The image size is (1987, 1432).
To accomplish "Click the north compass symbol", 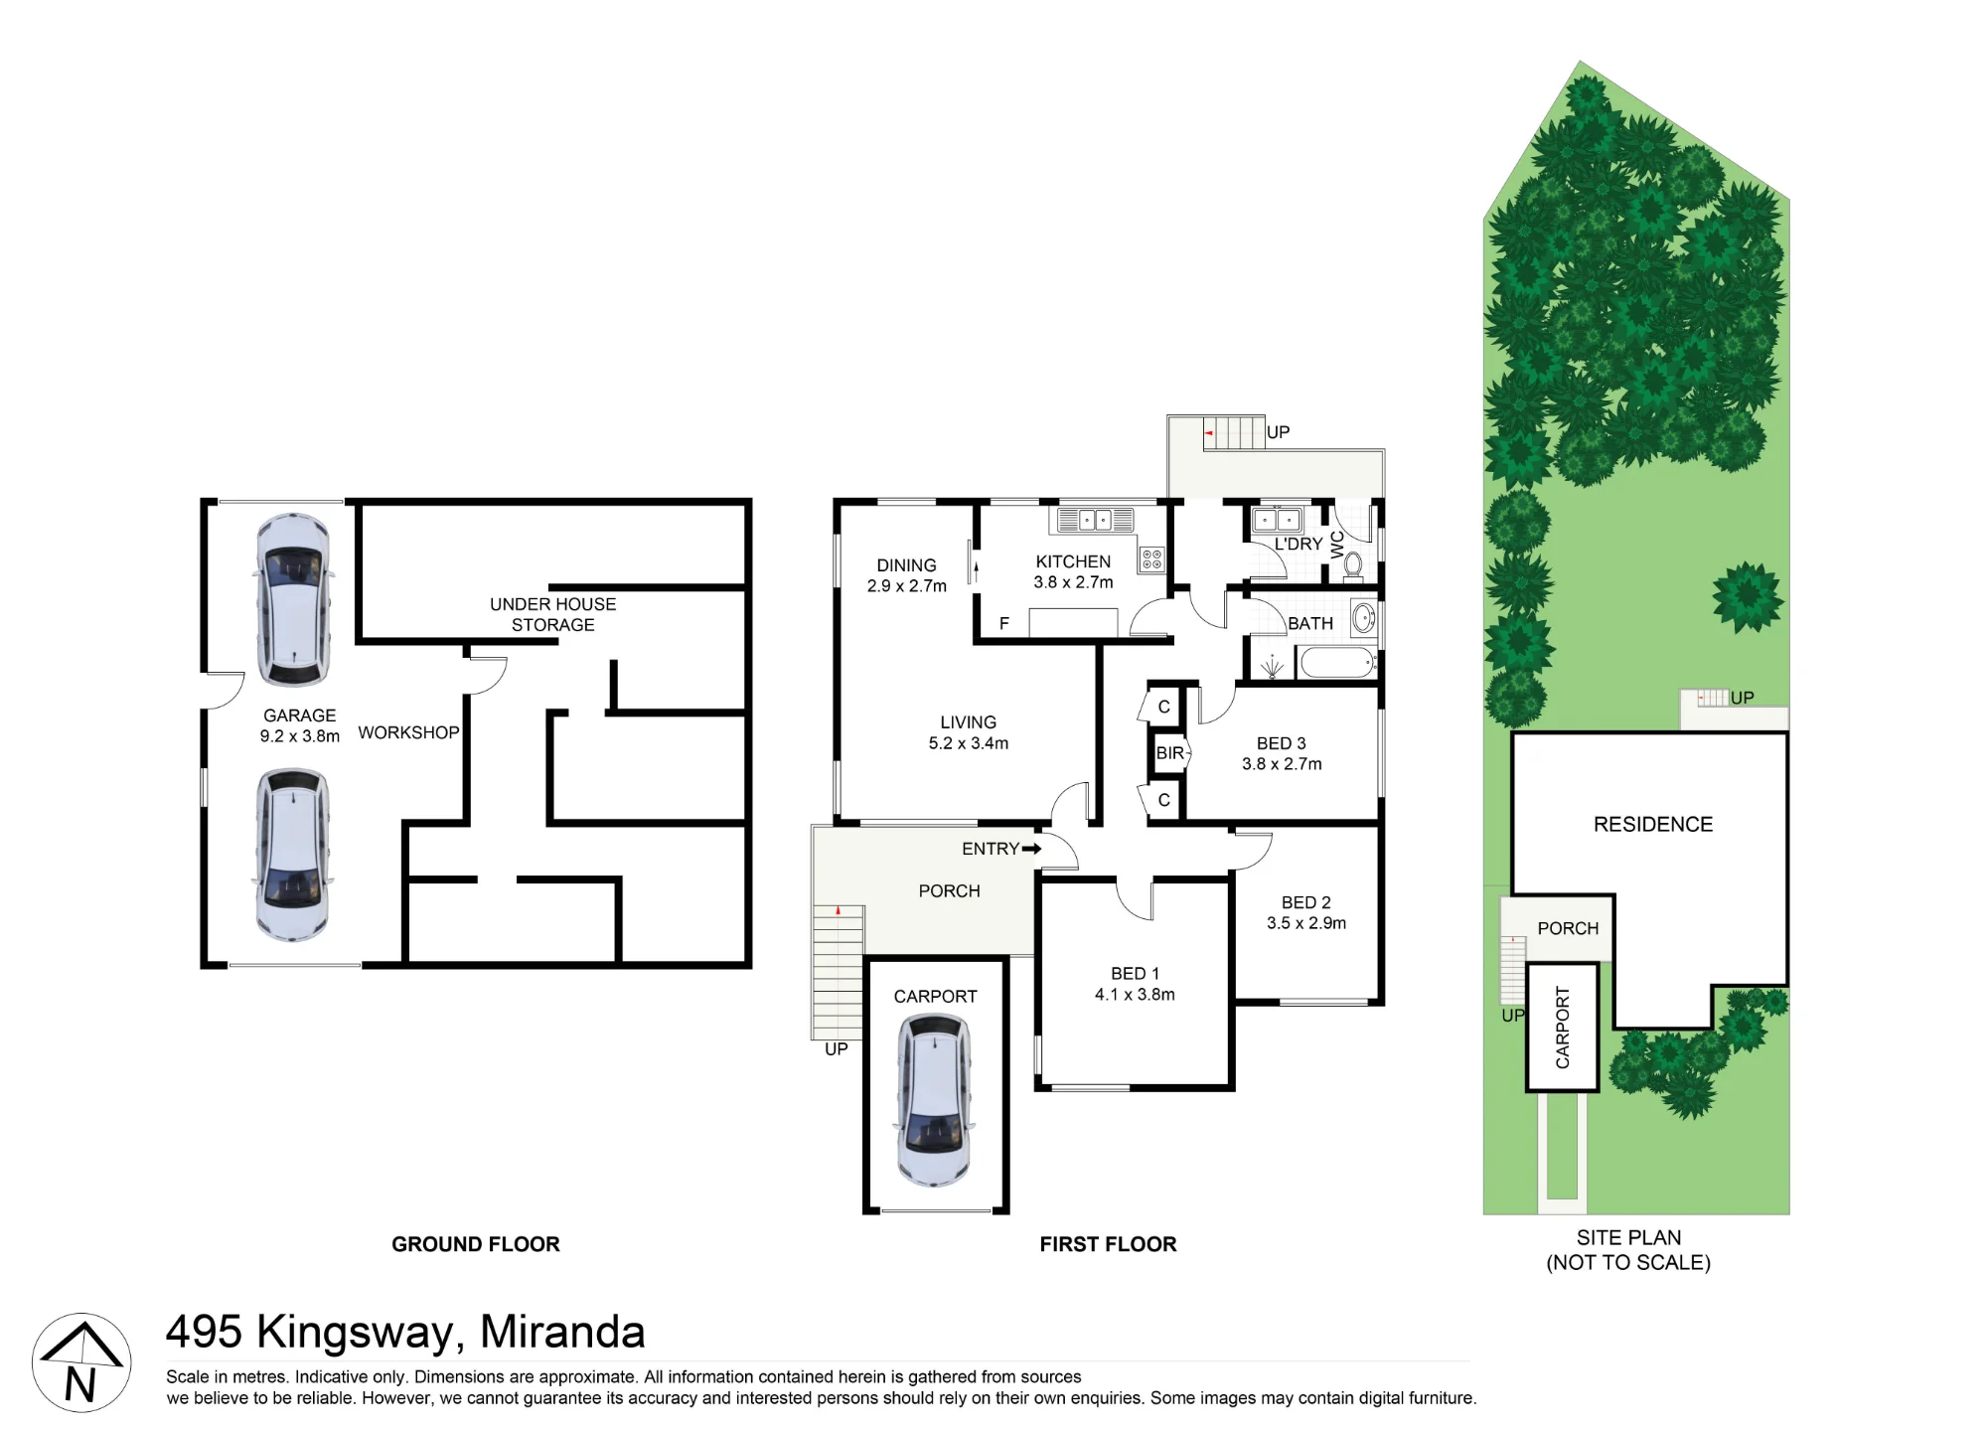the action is (x=81, y=1362).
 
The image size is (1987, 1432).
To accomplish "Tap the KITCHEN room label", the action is (x=1073, y=561).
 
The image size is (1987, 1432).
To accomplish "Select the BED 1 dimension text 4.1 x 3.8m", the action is (x=1135, y=995).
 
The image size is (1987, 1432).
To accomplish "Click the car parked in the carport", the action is (x=934, y=1100).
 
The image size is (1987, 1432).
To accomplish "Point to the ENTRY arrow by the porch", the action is (x=1031, y=849).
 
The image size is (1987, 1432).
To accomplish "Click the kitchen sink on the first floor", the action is (x=1095, y=520).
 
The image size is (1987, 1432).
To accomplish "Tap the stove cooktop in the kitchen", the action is (x=1151, y=559).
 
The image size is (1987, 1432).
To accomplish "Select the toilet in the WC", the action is (x=1352, y=564).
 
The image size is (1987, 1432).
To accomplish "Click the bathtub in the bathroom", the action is (x=1337, y=662).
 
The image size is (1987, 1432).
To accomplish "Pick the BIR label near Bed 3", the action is (x=1170, y=753).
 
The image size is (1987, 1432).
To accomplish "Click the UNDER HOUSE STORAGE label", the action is (x=552, y=614).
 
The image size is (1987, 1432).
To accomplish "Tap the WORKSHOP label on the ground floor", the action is (x=408, y=732).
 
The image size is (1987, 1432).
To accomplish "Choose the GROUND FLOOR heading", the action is (x=476, y=1244).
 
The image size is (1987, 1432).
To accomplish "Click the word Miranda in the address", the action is (x=562, y=1332).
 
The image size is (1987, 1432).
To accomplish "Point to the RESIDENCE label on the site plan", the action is (x=1653, y=824).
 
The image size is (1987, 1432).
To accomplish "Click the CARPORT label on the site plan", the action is (x=1563, y=1028).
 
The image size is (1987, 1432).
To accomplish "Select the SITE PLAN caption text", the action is (x=1628, y=1237).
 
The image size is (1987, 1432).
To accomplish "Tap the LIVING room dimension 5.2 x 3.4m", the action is (x=969, y=743).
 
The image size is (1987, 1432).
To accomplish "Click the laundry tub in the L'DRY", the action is (x=1278, y=520).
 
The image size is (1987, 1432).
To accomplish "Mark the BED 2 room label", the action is (x=1306, y=902).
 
